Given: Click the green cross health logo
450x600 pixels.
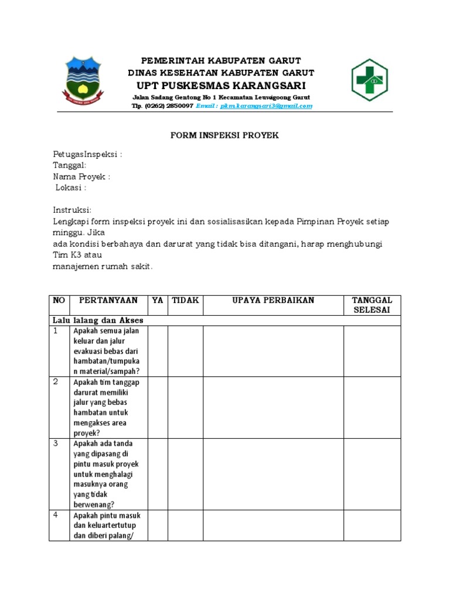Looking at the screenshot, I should coord(369,80).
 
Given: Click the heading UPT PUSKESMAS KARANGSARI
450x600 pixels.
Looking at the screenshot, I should coord(221,86).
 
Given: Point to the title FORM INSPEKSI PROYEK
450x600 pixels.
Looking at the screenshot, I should coord(224,135).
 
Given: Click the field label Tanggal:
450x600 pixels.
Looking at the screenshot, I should coord(70,166).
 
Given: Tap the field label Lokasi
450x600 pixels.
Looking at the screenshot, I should coord(71,188).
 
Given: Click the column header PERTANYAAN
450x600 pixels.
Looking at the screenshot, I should coord(108,301).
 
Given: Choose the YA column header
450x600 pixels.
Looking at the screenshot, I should coord(158,301).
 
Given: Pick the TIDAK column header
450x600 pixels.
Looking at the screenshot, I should coord(185,301).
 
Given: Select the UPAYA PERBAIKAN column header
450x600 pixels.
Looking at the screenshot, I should coord(273,301).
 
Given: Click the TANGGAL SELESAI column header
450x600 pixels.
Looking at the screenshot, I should coord(372,305).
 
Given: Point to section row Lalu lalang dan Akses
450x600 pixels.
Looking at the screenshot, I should coord(98,321).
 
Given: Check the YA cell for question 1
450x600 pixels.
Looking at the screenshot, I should coord(158,351).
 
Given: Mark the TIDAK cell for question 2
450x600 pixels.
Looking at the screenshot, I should coord(185,407).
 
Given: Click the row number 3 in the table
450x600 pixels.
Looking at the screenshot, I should coord(56,444).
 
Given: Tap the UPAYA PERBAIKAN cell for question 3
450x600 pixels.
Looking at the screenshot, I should coord(273,474).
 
